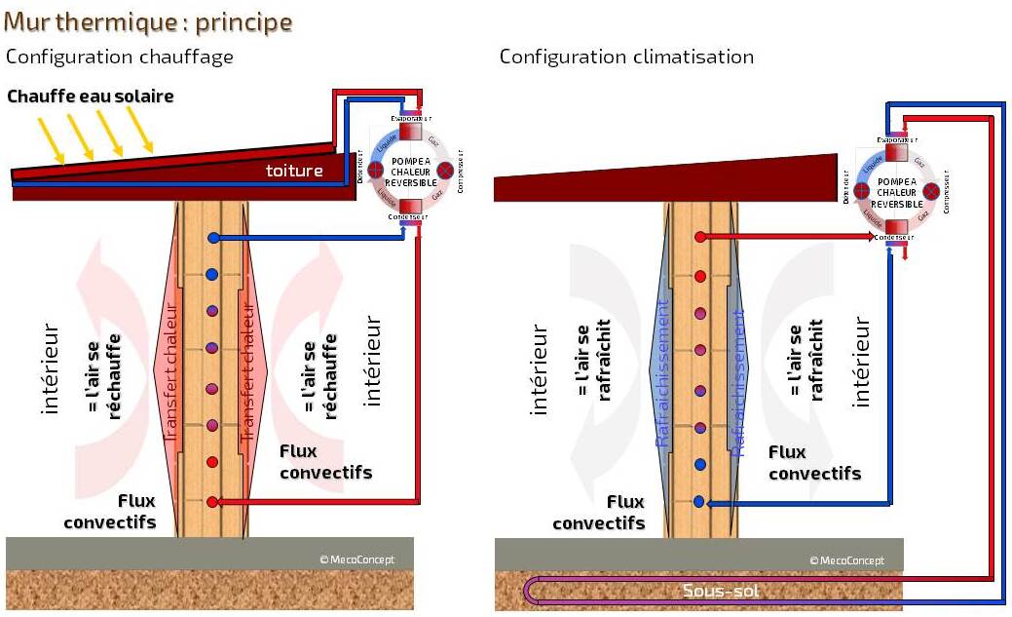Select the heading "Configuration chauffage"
pyautogui.click(x=120, y=57)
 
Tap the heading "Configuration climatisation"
pyautogui.click(x=626, y=57)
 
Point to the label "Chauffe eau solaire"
pyautogui.click(x=91, y=96)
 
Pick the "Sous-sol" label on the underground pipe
pyautogui.click(x=722, y=591)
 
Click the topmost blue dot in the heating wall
pyautogui.click(x=212, y=238)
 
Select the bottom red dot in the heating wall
pyautogui.click(x=212, y=502)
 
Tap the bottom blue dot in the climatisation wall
pyautogui.click(x=699, y=502)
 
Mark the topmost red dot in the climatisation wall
pyautogui.click(x=699, y=237)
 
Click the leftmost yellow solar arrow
pyautogui.click(x=52, y=137)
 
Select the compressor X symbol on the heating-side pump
pyautogui.click(x=445, y=172)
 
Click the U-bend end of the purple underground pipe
pyautogui.click(x=530, y=590)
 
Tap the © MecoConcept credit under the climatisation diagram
pyautogui.click(x=846, y=559)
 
